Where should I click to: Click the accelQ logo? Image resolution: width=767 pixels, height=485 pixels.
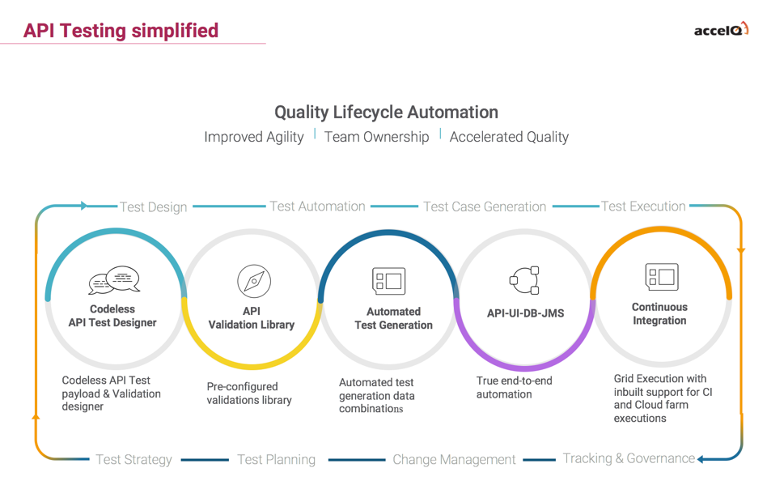click(721, 30)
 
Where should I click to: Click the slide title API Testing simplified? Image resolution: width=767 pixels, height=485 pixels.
click(121, 31)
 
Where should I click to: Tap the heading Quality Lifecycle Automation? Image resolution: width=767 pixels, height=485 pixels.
click(386, 112)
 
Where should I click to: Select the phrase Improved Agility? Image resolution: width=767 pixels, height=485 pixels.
click(254, 137)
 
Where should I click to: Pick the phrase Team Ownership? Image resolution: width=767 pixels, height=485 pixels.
click(376, 137)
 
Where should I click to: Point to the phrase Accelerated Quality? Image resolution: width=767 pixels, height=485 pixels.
click(509, 137)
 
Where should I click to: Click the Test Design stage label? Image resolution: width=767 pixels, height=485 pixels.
click(154, 207)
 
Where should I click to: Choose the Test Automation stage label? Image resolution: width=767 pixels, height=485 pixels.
click(317, 206)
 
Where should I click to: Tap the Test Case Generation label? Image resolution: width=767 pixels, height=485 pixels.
click(485, 207)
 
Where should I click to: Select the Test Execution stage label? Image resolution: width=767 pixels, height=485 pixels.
click(643, 206)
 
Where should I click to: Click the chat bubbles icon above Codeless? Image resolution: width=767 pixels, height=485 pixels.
click(114, 280)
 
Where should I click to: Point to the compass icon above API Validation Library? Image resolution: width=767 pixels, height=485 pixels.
click(253, 282)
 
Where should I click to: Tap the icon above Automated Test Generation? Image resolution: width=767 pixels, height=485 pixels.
click(388, 281)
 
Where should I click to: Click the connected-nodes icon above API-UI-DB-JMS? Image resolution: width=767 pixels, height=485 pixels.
click(524, 281)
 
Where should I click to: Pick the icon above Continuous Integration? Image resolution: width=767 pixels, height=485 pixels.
click(661, 277)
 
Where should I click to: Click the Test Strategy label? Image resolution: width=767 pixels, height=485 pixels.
click(133, 460)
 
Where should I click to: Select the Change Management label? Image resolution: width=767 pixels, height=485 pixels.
click(454, 460)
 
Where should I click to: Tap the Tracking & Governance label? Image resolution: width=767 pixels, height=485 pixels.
click(629, 458)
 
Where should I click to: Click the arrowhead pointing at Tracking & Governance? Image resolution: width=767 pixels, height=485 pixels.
click(701, 460)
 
